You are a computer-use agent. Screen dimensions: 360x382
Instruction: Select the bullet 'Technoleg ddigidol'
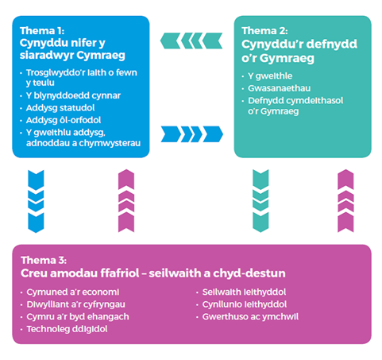(x=62, y=328)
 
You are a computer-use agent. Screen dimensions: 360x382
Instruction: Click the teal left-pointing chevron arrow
(x=191, y=40)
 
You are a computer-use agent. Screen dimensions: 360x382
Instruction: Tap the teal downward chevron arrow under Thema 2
(x=261, y=203)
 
